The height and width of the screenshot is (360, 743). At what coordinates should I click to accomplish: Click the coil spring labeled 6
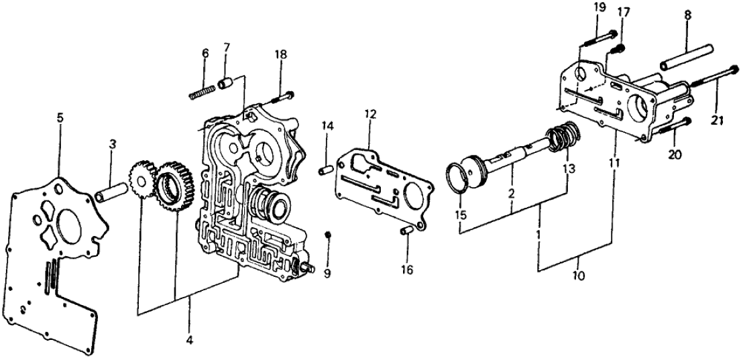click(203, 91)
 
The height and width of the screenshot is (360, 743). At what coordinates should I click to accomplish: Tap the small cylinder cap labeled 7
click(226, 84)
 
